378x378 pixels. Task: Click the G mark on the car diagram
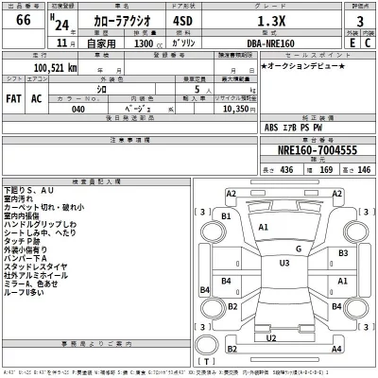point(299,249)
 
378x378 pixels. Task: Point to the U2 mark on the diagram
point(272,337)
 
